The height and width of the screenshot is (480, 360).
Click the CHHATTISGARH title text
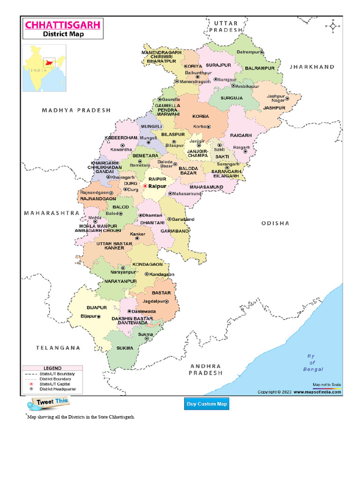click(62, 24)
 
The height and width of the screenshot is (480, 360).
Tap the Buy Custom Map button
click(207, 404)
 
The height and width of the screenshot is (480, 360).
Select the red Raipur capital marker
click(145, 186)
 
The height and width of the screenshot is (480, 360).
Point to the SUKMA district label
click(125, 348)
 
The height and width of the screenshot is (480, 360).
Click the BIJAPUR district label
click(97, 307)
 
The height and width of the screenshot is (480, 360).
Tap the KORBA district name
click(201, 116)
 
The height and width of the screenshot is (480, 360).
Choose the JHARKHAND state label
click(312, 67)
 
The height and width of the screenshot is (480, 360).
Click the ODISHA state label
click(275, 224)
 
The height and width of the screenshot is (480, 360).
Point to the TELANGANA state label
click(58, 348)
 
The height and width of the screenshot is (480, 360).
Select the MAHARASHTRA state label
click(52, 213)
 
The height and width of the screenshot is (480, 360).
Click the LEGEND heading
click(52, 368)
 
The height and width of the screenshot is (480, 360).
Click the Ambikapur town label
click(247, 87)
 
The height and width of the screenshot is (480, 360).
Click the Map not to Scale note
click(327, 384)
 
